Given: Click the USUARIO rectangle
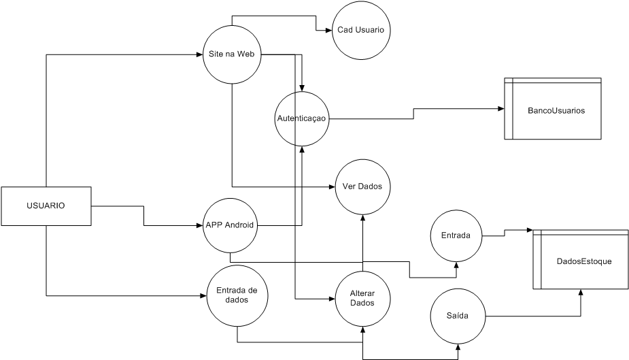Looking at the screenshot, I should click(x=46, y=206).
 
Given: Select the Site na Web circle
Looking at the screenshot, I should click(x=233, y=54).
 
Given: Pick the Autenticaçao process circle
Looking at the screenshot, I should click(x=302, y=118).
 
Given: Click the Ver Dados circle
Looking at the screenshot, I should click(x=362, y=186).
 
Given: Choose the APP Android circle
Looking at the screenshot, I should click(x=231, y=225).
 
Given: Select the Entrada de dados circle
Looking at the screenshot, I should click(x=236, y=295).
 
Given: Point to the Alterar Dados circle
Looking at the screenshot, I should click(x=362, y=299).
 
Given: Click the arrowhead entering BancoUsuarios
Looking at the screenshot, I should click(x=500, y=109).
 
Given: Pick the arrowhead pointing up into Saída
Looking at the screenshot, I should click(x=457, y=347).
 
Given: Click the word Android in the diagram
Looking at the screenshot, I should click(x=240, y=225).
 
